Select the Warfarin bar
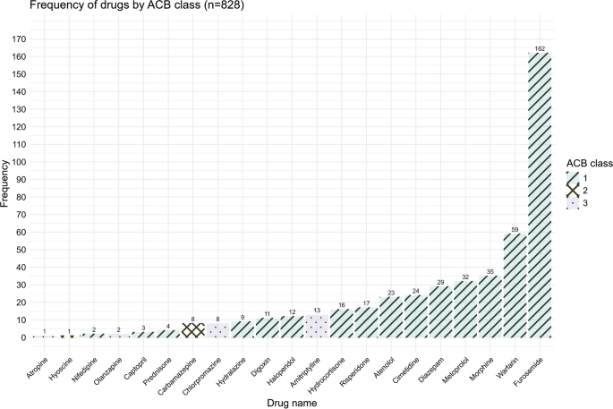click(515, 285)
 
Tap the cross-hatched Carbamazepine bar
click(194, 330)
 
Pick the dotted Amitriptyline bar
click(318, 327)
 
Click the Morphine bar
click(490, 307)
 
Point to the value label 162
click(539, 48)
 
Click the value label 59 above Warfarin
click(515, 229)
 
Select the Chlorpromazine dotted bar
click(218, 330)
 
